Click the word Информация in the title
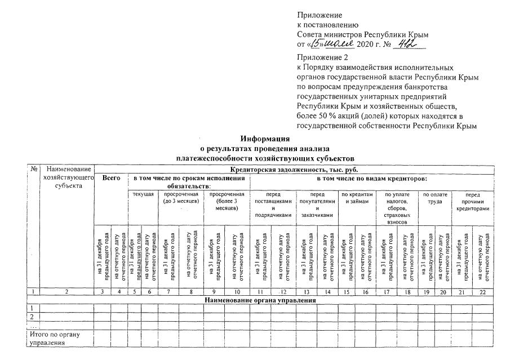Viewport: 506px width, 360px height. (265, 139)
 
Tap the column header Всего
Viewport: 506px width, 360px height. (111, 178)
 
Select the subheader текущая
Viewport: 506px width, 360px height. (143, 194)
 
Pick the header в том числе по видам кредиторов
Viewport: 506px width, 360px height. (371, 178)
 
